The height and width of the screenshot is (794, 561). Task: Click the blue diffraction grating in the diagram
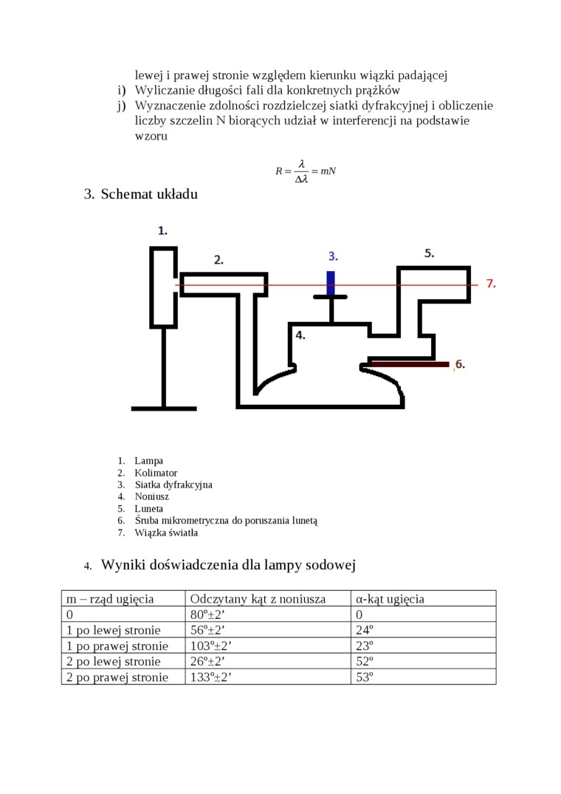(x=331, y=283)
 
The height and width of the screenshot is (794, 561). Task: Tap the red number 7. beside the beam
(x=491, y=283)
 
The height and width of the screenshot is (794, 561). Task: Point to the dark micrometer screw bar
(x=410, y=364)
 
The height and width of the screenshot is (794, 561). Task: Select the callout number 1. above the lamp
(x=162, y=230)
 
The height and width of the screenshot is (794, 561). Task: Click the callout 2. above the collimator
(x=218, y=259)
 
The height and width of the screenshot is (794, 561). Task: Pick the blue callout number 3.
(x=333, y=256)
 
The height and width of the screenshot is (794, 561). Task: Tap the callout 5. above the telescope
(x=429, y=253)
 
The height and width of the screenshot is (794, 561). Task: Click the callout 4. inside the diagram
(x=300, y=335)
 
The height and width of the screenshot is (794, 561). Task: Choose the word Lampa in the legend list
(x=149, y=461)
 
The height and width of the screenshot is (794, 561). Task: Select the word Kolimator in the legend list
(x=156, y=473)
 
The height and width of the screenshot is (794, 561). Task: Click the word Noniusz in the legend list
(x=151, y=496)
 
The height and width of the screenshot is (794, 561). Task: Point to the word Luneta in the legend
(x=149, y=509)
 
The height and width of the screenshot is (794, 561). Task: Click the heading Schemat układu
(x=148, y=194)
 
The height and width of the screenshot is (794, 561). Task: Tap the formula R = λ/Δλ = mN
(x=306, y=171)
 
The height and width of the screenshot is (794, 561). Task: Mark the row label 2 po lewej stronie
(x=113, y=661)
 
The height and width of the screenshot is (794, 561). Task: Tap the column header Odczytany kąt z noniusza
(x=258, y=598)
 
